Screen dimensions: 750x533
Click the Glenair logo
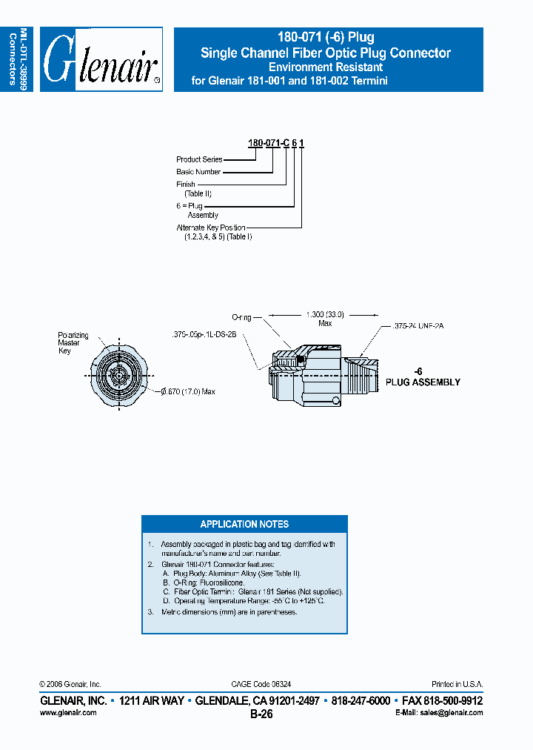(x=101, y=59)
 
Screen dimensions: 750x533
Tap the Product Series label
(x=199, y=159)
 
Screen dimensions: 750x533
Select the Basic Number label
(x=198, y=172)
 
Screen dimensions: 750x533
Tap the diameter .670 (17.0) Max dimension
(x=186, y=391)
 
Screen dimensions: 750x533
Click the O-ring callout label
(x=242, y=317)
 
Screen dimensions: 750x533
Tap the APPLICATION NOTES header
(x=244, y=524)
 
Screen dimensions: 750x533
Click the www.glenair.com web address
(x=68, y=712)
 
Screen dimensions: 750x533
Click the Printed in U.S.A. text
(x=457, y=684)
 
